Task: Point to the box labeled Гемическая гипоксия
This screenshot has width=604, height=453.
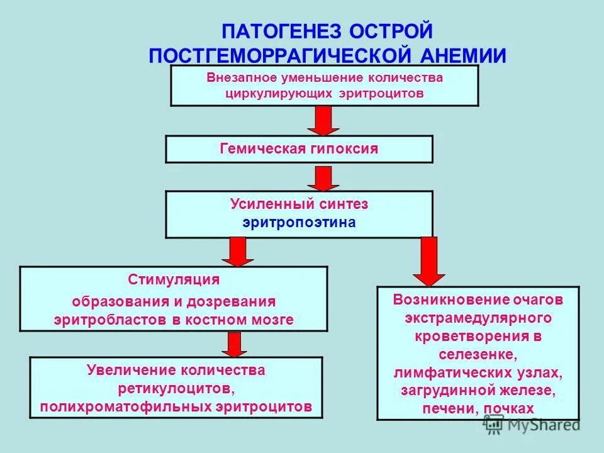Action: coord(299,149)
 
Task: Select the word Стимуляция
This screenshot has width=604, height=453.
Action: coord(174,279)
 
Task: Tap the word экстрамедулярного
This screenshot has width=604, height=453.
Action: coord(478,317)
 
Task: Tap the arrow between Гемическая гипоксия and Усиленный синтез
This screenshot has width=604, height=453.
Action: coord(323,178)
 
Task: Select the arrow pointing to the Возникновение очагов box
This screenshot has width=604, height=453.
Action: coord(429,261)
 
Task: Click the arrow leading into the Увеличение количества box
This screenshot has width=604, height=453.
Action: coord(234,344)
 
